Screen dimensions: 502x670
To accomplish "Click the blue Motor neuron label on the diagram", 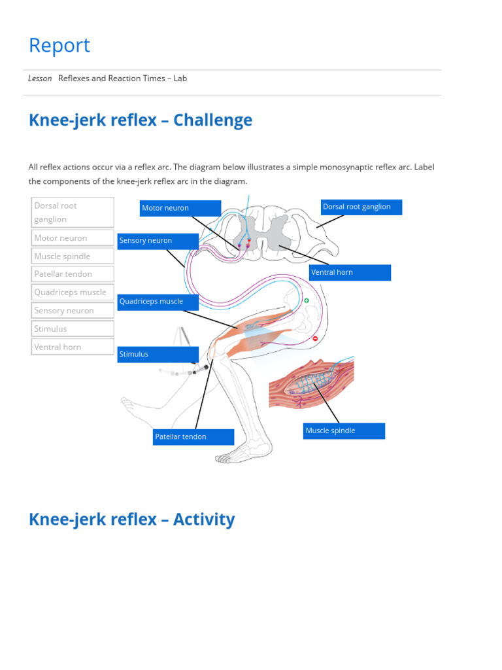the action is pos(180,208).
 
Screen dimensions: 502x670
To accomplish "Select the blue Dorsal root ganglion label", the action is pos(361,207).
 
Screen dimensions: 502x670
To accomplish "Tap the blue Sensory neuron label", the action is pos(158,241).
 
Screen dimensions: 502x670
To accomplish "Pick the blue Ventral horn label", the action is pos(350,273).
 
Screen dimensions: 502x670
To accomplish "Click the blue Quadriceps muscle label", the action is pos(158,302).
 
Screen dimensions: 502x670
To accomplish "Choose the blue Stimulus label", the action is pos(158,354).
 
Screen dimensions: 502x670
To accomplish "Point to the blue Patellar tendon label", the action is pos(193,436).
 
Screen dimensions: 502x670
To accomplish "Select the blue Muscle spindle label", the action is pos(344,431).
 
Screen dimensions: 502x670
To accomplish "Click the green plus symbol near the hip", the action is pos(307,301).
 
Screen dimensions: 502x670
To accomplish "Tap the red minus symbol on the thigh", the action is pos(315,338).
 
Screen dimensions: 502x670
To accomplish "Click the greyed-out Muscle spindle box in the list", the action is pos(73,256).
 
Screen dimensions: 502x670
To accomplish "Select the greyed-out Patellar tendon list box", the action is pos(73,274).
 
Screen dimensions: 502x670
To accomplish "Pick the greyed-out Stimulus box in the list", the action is pos(73,328).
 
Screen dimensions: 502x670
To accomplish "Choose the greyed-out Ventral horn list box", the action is pos(73,347).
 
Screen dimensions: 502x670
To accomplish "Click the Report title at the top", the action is pos(59,45).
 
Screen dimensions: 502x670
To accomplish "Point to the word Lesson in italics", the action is pos(40,79).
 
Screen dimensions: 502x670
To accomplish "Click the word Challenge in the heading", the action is pos(212,120).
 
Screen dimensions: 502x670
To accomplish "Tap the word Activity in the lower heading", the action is pos(204,520).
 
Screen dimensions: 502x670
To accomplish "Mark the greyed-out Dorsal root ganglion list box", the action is pos(73,213).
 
